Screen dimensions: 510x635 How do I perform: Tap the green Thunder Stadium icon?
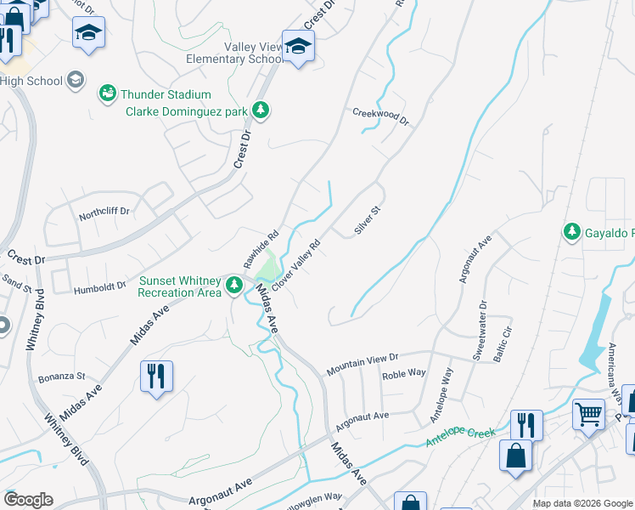click(x=107, y=93)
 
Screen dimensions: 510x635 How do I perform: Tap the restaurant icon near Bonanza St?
click(x=156, y=376)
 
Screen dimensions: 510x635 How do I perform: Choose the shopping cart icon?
click(x=587, y=414)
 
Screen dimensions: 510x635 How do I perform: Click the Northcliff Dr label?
click(x=104, y=210)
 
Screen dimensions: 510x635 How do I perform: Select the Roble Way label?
click(x=403, y=373)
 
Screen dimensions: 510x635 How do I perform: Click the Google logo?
click(x=28, y=500)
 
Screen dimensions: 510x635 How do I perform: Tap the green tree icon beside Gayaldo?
click(x=572, y=231)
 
